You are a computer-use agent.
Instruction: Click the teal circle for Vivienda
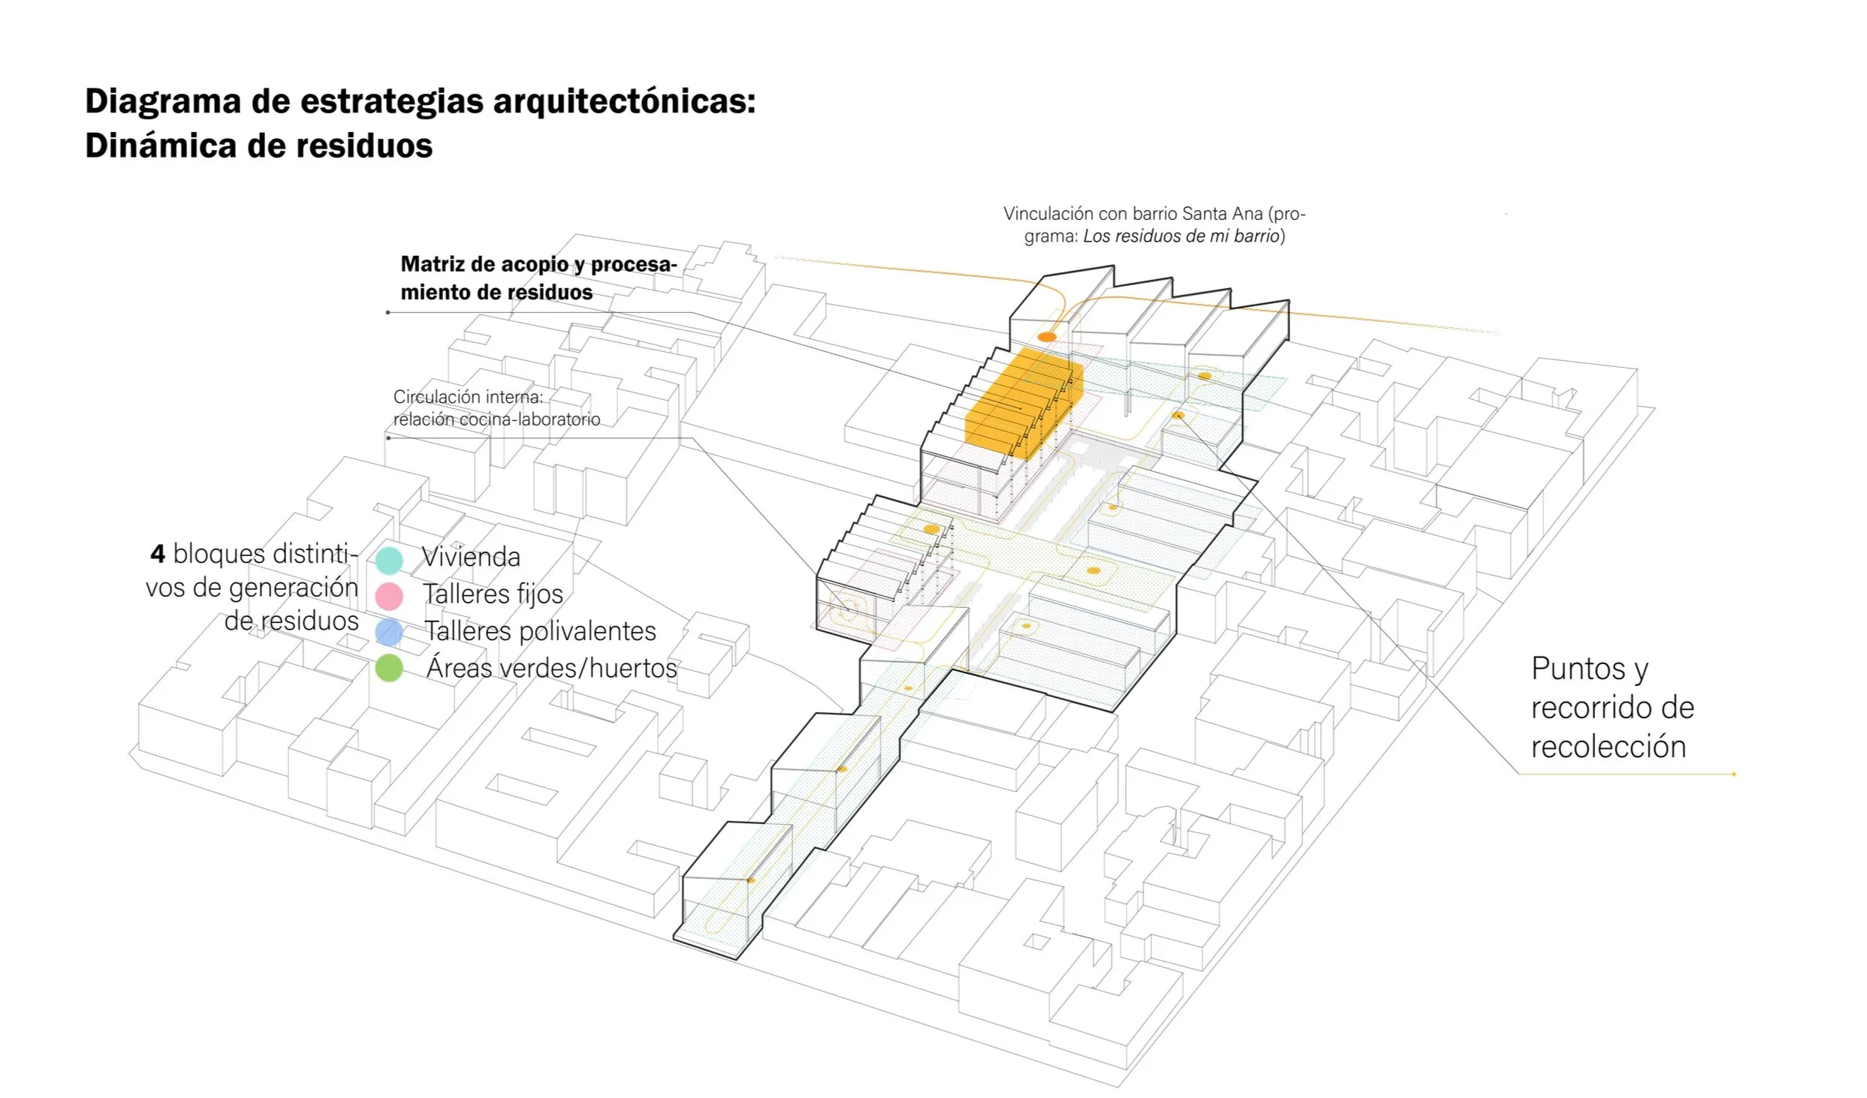click(389, 560)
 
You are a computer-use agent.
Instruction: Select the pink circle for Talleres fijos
click(389, 596)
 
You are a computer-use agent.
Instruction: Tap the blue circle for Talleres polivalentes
click(389, 632)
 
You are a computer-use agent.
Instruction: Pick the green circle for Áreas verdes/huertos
click(389, 668)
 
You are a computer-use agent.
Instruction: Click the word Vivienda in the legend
click(471, 557)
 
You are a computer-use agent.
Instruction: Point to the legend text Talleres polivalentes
click(540, 631)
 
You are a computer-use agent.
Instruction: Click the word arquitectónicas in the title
click(623, 101)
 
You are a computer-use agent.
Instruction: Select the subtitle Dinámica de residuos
click(258, 146)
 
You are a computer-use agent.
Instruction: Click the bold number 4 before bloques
click(158, 554)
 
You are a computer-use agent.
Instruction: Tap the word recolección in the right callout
click(1608, 747)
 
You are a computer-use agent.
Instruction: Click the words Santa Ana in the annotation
click(1223, 214)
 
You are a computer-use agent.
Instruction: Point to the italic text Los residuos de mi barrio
click(1181, 236)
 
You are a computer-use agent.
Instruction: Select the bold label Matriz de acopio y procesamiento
click(538, 278)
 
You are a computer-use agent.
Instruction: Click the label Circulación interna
click(467, 397)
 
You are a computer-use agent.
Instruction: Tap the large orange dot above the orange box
click(1047, 337)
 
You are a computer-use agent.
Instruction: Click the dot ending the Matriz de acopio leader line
click(388, 312)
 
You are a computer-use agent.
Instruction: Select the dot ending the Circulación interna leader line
click(388, 438)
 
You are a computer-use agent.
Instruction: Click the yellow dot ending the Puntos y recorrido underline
click(1733, 774)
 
